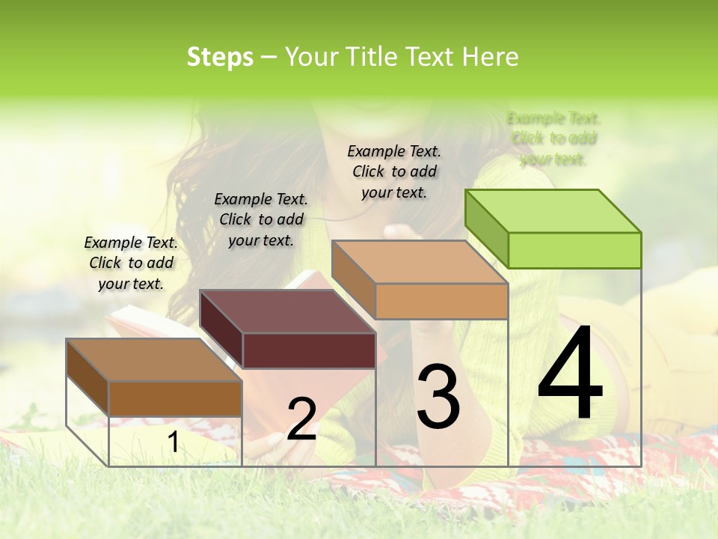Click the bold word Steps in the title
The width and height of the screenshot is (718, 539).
click(220, 58)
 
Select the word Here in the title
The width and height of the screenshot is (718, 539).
click(490, 58)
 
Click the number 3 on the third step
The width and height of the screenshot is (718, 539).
click(438, 397)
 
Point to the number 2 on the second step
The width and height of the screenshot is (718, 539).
click(301, 418)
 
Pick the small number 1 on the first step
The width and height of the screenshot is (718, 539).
click(173, 442)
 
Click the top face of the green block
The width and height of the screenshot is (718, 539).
click(553, 210)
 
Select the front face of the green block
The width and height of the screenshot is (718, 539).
click(574, 250)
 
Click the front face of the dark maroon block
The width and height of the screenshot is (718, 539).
click(309, 350)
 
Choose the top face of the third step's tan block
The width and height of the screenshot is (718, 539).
click(420, 262)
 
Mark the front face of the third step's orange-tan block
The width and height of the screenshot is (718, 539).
click(441, 301)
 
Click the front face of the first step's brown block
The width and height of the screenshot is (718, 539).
click(175, 398)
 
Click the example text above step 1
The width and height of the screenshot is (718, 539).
click(131, 264)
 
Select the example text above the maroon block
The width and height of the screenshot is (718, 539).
click(260, 220)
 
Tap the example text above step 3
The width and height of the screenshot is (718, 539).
click(394, 172)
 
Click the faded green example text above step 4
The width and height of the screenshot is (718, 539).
click(553, 138)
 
